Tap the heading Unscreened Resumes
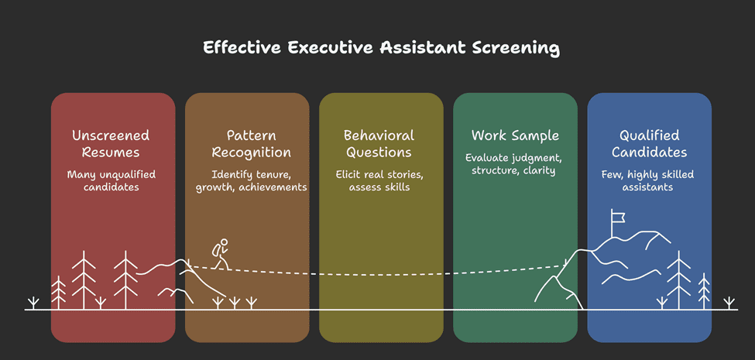[x=111, y=144]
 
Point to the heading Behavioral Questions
[x=379, y=144]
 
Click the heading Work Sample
[x=515, y=135]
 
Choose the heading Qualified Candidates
[x=649, y=144]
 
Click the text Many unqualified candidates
[x=111, y=180]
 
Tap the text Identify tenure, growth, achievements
[x=252, y=181]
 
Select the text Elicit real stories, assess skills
[x=379, y=180]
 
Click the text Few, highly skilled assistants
[x=647, y=180]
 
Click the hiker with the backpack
[x=220, y=254]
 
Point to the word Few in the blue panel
[x=610, y=175]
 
